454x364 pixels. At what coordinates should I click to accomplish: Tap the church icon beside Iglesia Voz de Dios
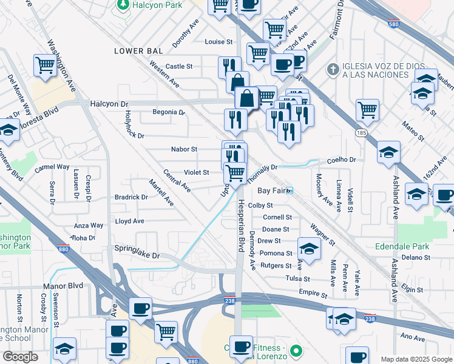(331, 69)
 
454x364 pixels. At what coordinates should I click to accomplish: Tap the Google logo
(20, 356)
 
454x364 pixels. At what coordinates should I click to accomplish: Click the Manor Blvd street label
(63, 285)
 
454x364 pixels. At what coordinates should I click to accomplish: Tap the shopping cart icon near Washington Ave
(46, 64)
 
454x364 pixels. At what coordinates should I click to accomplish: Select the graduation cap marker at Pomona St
(309, 249)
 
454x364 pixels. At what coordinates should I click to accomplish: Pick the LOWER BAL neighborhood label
(137, 51)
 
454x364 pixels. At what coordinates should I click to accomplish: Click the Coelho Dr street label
(344, 160)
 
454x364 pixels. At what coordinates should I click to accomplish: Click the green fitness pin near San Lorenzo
(296, 351)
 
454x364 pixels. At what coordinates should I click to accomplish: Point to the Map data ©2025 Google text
(416, 359)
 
